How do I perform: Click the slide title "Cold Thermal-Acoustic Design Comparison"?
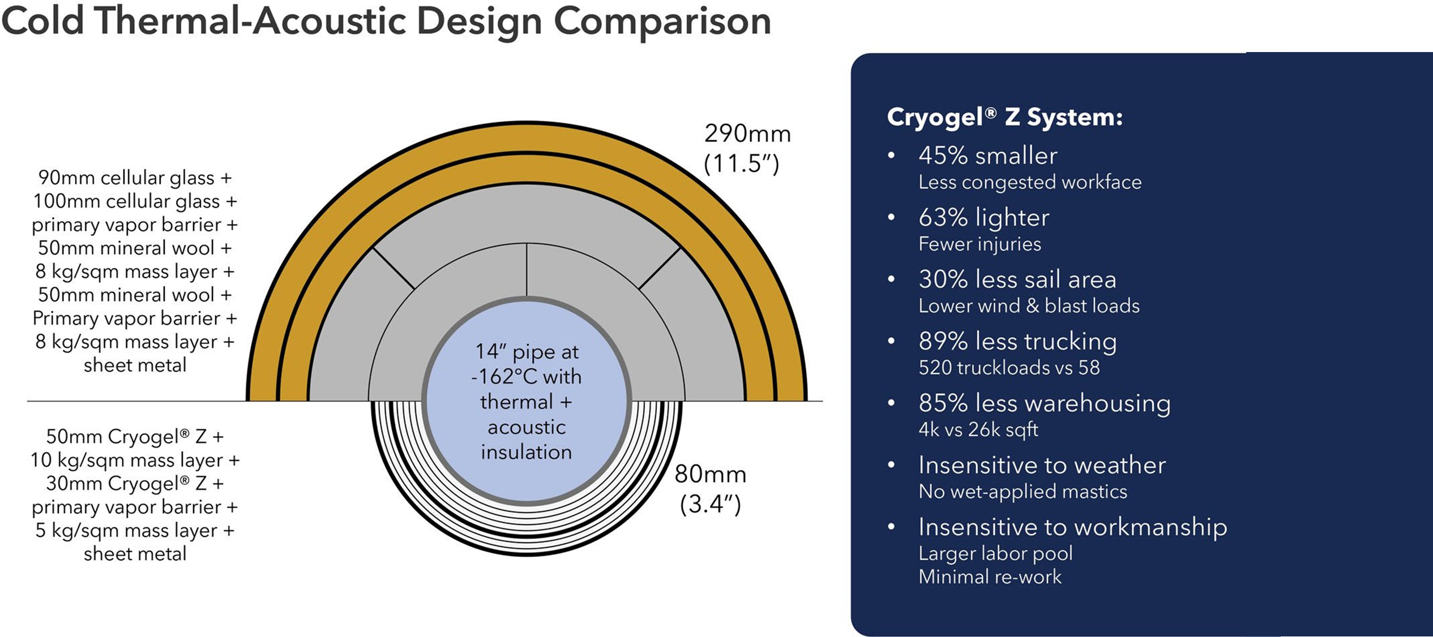coord(386,21)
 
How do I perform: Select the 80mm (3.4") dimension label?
coord(711,489)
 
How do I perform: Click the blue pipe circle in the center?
coord(527,401)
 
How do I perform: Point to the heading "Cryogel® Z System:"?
coord(1004,117)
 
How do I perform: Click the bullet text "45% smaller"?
coord(988,156)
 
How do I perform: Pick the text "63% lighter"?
coord(984,218)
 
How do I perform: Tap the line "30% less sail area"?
coord(1017,279)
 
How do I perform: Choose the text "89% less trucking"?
coord(1017,341)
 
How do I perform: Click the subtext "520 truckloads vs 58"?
coord(1009,368)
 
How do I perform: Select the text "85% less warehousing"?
coord(1045,403)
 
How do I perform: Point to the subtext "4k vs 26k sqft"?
coord(978,430)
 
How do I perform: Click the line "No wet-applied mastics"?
coord(1023,492)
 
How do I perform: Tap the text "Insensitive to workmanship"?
coord(1073,527)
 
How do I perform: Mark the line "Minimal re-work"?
coord(990,577)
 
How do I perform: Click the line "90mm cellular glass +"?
coord(135,178)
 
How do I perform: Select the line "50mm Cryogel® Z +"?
coord(135,436)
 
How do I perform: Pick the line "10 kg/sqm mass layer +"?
coord(135,460)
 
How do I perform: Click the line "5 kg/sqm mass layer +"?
coord(135,530)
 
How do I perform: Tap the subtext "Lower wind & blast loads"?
coord(1029,306)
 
